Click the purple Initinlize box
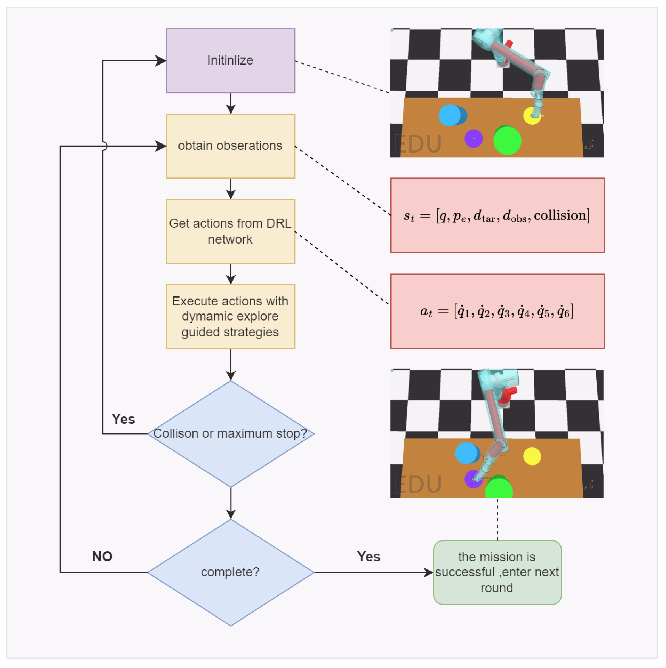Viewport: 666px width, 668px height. [x=231, y=61]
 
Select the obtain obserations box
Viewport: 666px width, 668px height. [x=231, y=146]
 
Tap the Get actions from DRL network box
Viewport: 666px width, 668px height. [x=231, y=232]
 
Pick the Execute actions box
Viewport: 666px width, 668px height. [x=231, y=317]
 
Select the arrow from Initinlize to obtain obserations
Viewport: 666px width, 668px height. [x=231, y=103]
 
